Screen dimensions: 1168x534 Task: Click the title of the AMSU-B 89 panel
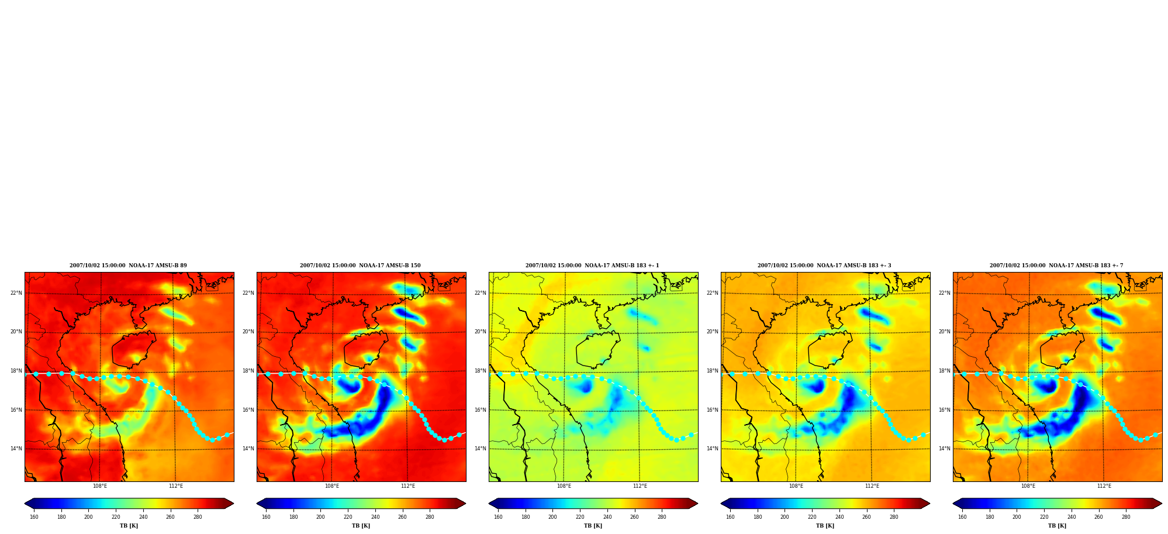tap(128, 266)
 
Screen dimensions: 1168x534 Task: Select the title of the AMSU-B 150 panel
tap(360, 266)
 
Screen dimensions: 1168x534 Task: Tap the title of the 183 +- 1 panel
tap(592, 266)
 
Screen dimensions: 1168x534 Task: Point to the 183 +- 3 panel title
tap(824, 266)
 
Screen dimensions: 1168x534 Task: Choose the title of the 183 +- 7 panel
tap(1056, 266)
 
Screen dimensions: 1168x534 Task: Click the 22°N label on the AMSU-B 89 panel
tap(16, 293)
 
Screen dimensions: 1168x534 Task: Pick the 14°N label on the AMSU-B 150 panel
tap(248, 449)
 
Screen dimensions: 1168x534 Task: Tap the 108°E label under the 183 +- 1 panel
tap(564, 486)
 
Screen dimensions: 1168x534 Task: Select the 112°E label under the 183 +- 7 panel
tap(1104, 486)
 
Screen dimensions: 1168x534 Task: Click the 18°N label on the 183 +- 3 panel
tap(712, 371)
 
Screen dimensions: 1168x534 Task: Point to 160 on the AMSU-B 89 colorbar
tap(34, 516)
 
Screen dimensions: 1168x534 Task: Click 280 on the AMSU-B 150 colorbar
tap(430, 516)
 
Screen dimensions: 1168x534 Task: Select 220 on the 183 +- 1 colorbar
tap(580, 516)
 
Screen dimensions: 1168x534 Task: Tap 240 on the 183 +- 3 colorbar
tap(839, 516)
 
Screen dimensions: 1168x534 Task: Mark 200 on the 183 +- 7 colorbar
tap(1017, 516)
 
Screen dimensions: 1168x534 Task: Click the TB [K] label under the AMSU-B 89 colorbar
tap(129, 526)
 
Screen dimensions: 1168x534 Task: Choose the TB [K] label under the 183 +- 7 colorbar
tap(1057, 526)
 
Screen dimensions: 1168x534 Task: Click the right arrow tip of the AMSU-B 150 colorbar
tap(466, 503)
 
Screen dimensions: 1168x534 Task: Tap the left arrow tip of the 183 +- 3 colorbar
tap(721, 503)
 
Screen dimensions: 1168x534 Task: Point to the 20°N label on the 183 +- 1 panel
tap(480, 332)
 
